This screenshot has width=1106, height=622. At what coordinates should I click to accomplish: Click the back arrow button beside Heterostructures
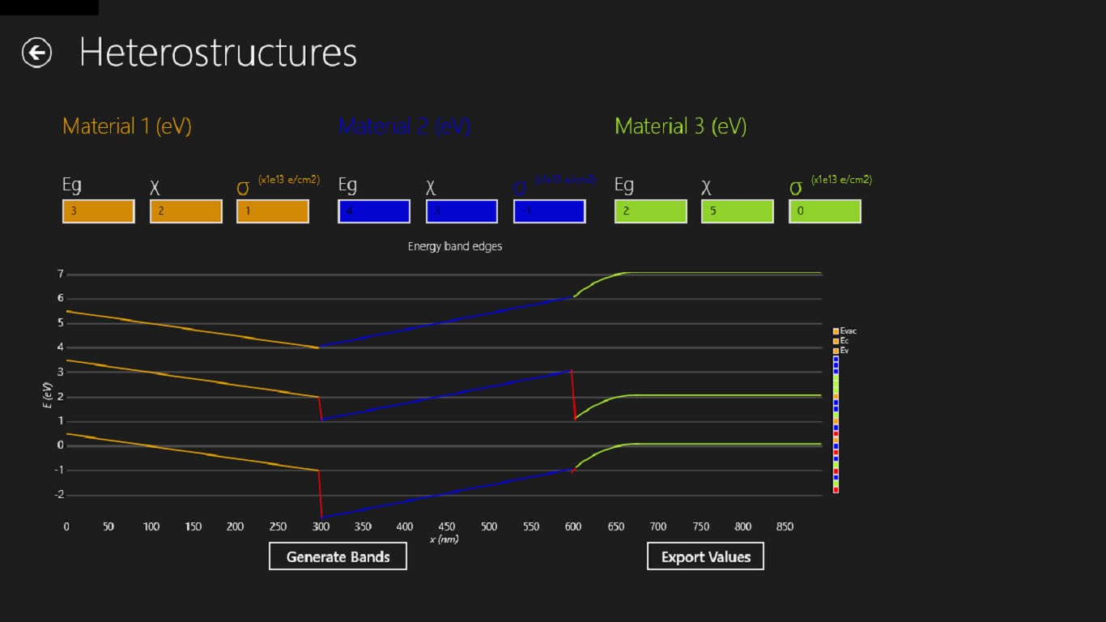pyautogui.click(x=36, y=53)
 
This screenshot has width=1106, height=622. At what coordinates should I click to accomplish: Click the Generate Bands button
pyautogui.click(x=338, y=557)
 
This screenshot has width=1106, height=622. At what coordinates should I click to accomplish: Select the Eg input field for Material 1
pyautogui.click(x=98, y=211)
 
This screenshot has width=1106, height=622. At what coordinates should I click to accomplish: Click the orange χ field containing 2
pyautogui.click(x=185, y=211)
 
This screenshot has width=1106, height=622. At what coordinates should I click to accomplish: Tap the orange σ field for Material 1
pyautogui.click(x=272, y=211)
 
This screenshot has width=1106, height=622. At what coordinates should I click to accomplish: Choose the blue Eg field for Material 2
pyautogui.click(x=374, y=211)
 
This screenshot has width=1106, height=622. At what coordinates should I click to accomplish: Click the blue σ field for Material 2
pyautogui.click(x=549, y=211)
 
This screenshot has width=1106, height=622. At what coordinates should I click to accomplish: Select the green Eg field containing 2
pyautogui.click(x=650, y=211)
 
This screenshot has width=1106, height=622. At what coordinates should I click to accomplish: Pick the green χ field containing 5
pyautogui.click(x=737, y=211)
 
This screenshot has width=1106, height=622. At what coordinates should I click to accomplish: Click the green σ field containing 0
pyautogui.click(x=824, y=211)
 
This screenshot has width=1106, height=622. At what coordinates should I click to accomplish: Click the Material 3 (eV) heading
pyautogui.click(x=680, y=126)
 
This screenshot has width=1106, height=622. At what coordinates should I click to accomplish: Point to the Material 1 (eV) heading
pyautogui.click(x=127, y=126)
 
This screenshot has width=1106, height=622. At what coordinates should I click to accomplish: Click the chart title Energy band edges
pyautogui.click(x=454, y=246)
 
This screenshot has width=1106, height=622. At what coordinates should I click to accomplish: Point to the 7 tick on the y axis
pyautogui.click(x=60, y=275)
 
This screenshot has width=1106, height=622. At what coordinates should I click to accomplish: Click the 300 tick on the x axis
pyautogui.click(x=321, y=526)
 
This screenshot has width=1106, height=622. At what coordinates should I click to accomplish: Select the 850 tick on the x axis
pyautogui.click(x=785, y=526)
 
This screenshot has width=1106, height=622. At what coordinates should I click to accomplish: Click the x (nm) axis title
pyautogui.click(x=444, y=539)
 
